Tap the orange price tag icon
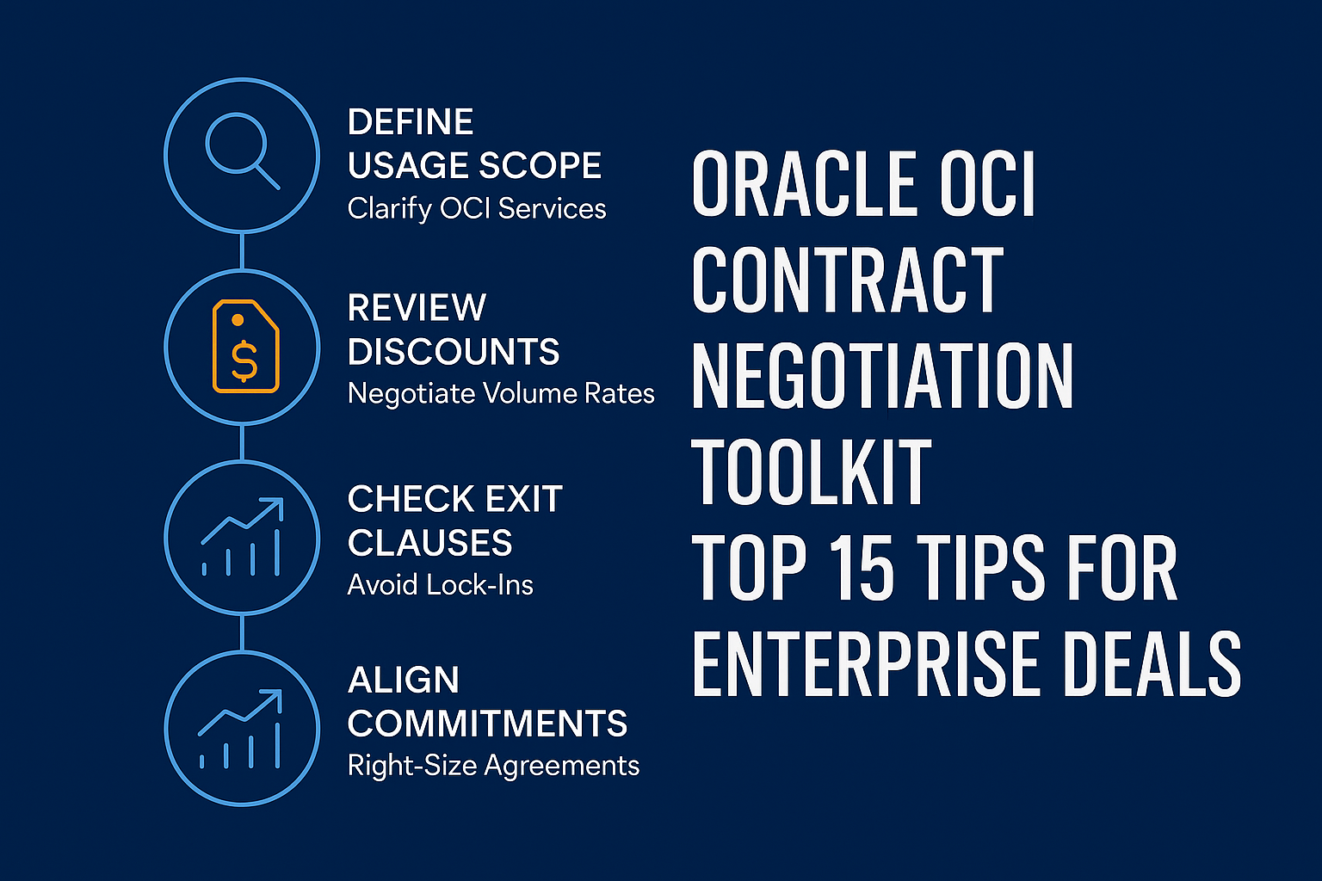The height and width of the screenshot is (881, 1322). point(245,346)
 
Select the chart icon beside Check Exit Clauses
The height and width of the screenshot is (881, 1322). point(242,537)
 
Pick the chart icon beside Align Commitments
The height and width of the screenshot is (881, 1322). point(240,729)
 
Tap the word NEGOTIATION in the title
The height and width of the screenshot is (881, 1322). point(882,375)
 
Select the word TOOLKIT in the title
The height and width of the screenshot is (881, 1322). point(812,471)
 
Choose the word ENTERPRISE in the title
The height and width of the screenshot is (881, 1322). point(865,662)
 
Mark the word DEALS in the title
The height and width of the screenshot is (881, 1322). point(1152,662)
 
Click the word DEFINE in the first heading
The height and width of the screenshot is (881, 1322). point(411,121)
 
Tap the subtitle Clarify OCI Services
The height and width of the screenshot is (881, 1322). point(477,208)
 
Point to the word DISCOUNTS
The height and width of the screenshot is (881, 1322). point(454,352)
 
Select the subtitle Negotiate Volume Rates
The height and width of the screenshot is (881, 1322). point(501,393)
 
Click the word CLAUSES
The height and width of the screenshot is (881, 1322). point(429,542)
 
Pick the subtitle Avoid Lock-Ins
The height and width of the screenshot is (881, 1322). point(441,585)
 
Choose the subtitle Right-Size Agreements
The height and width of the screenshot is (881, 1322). point(493,766)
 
